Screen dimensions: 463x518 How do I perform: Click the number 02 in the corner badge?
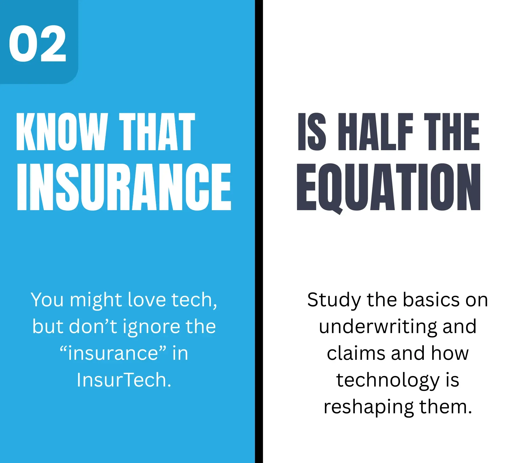[38, 43]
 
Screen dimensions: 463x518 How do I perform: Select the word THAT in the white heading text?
[157, 132]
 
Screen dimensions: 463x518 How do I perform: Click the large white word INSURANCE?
[124, 187]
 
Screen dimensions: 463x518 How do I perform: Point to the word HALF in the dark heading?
[375, 132]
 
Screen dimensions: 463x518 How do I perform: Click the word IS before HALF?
[312, 132]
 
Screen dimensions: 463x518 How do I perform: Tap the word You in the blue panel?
[47, 300]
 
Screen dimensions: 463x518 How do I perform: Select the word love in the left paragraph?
[146, 300]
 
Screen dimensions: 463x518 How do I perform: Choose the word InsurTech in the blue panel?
[124, 380]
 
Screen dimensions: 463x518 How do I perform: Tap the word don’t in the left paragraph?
[93, 326]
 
